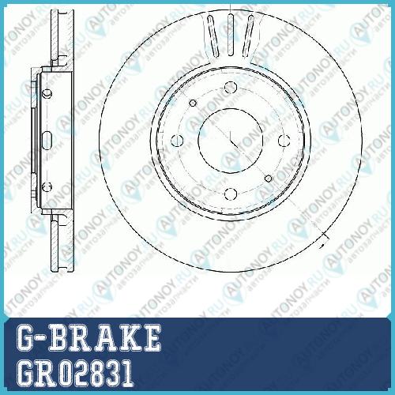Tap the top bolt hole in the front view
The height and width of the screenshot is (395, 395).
pos(231,87)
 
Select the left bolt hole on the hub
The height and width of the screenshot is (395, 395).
pos(177,141)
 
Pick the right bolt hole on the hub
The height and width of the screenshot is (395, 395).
pos(284,141)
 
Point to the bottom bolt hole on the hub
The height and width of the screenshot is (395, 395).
pos(231,194)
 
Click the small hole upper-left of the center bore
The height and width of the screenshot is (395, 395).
pos(193,103)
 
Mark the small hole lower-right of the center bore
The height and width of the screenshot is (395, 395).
pos(269,179)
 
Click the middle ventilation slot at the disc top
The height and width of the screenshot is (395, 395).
pos(231,35)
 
